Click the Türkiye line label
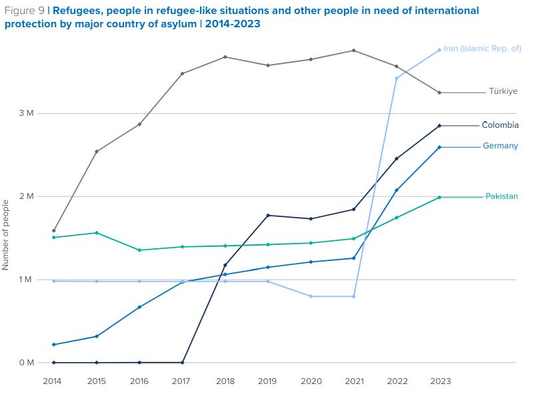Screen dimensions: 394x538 point(503,92)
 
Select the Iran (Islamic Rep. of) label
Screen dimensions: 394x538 point(482,49)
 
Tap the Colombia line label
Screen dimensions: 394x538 point(500,125)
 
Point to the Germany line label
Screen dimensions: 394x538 point(500,146)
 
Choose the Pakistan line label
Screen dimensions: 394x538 point(501,196)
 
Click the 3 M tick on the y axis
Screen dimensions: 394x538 point(26,113)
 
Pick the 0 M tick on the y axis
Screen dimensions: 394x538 point(26,363)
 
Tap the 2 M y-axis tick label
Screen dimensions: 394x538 point(26,196)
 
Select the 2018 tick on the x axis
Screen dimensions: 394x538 point(225,381)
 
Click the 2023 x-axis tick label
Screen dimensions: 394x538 point(439,381)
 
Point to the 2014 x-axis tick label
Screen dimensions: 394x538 point(53,381)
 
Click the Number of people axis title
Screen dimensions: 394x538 point(6,234)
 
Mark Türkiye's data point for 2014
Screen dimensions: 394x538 point(54,231)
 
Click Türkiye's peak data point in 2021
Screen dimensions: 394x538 point(353,51)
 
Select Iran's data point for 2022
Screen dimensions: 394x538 point(397,79)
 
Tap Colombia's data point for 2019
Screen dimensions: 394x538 point(268,216)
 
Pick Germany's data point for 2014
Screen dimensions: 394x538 point(54,345)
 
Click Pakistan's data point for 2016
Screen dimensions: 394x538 point(139,250)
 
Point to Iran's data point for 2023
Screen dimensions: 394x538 point(439,50)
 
